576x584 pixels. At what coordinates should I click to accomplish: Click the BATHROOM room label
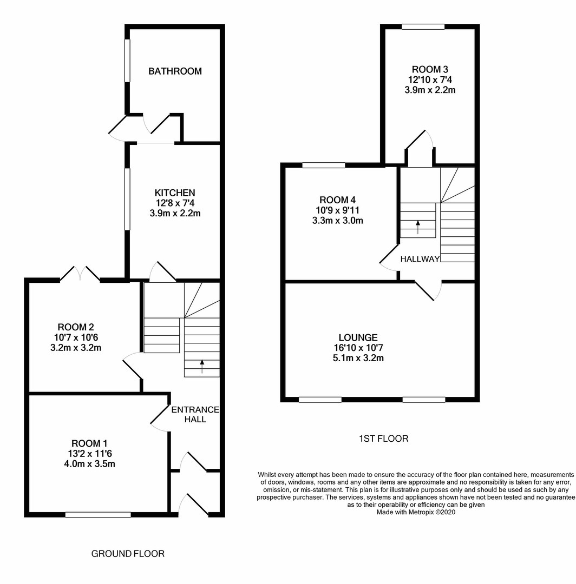click(175, 71)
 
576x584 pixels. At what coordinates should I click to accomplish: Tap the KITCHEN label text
click(175, 193)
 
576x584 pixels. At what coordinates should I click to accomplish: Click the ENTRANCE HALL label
click(195, 414)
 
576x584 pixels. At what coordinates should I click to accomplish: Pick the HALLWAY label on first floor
click(420, 260)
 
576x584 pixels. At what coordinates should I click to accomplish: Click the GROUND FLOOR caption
click(128, 554)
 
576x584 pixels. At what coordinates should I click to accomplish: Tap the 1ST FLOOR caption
click(383, 439)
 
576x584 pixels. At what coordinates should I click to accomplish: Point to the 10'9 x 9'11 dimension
click(337, 210)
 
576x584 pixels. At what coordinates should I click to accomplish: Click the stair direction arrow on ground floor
click(202, 367)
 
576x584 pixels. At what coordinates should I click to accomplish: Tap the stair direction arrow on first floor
click(417, 226)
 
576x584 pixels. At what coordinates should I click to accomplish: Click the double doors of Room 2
click(80, 273)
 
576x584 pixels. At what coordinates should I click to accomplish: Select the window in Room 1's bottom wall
click(98, 515)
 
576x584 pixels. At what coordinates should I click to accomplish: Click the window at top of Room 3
click(423, 26)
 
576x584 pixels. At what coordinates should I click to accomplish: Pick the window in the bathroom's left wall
click(128, 61)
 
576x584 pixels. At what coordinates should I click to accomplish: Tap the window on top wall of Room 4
click(323, 165)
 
